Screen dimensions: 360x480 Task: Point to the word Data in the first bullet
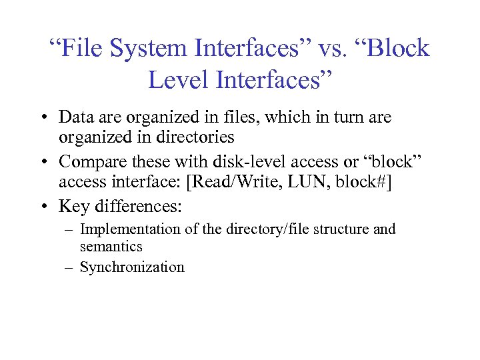click(x=75, y=117)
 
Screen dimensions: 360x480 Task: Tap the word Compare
click(x=90, y=162)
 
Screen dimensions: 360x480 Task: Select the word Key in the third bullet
click(x=72, y=207)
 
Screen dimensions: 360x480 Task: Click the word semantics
click(x=111, y=247)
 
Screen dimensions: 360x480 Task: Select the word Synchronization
click(x=131, y=267)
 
